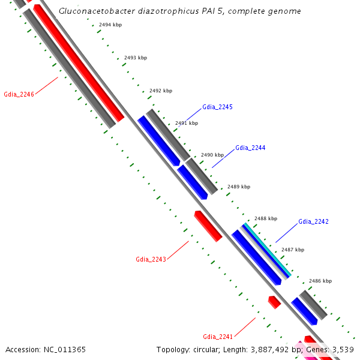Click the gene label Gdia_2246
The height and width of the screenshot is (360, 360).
tap(19, 94)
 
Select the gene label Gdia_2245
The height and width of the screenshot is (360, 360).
tap(217, 107)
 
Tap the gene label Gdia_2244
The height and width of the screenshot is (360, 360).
tap(250, 148)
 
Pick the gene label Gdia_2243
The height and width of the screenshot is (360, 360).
tap(151, 259)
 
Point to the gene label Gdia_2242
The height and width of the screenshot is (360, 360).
tap(313, 221)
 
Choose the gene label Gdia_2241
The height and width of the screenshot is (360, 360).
tap(217, 336)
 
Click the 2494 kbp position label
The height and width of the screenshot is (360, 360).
tap(110, 25)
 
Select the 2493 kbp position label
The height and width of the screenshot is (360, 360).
tap(135, 58)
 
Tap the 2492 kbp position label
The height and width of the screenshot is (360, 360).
tap(160, 91)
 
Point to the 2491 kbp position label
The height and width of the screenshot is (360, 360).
tap(186, 123)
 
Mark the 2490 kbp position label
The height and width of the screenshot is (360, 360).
tap(212, 155)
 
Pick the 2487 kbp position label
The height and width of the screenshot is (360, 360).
tap(293, 250)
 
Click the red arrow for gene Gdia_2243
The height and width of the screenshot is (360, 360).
tap(208, 226)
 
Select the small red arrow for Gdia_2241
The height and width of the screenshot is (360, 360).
tap(274, 302)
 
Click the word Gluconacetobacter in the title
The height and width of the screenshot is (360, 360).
tap(92, 11)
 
